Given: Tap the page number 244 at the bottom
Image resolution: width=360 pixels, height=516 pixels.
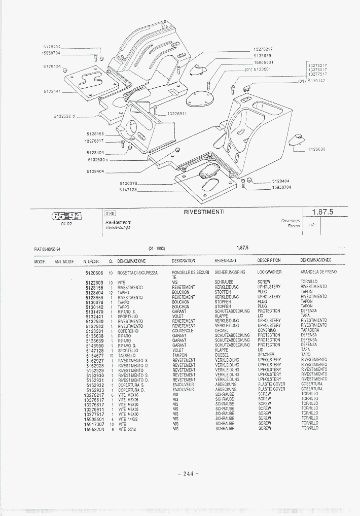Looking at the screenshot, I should [x=187, y=474].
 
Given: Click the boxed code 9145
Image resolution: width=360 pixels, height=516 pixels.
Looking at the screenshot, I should [x=110, y=214].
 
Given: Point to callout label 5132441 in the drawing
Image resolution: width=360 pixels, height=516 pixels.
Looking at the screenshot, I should [x=52, y=91].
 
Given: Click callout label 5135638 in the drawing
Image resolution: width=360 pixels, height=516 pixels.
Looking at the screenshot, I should [x=316, y=149].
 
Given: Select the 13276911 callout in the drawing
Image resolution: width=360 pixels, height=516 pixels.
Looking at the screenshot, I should [x=177, y=114].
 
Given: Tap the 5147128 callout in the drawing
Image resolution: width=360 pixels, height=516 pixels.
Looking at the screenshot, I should [x=129, y=189].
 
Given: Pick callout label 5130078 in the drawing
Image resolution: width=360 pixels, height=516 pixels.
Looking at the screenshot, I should [x=129, y=183].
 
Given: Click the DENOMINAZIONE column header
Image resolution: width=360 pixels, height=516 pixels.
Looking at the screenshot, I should [x=131, y=261].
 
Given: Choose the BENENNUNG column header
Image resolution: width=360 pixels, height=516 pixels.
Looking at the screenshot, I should [x=225, y=261].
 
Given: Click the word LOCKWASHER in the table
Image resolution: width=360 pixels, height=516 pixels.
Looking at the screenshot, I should [x=269, y=272].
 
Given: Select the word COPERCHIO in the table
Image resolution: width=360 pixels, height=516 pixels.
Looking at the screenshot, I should [x=129, y=331].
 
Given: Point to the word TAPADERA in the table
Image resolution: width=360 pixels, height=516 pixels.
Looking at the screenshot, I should [x=311, y=331].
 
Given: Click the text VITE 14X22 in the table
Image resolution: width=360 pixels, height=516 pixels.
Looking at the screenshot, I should [x=128, y=419].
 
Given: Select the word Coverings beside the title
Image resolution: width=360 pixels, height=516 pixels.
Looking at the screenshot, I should [x=291, y=221].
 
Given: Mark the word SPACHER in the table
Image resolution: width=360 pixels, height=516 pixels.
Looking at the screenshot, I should [x=266, y=355].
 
